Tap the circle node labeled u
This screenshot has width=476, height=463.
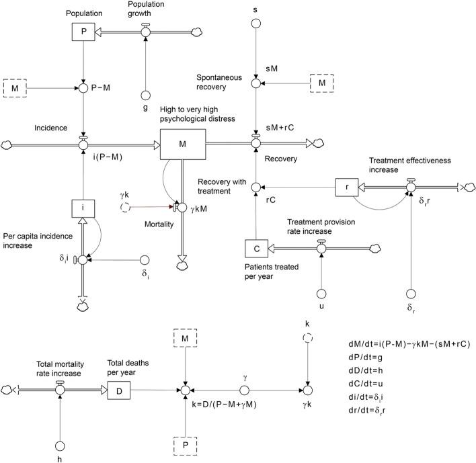click(321, 294)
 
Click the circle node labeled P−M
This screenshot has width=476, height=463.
click(83, 87)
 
